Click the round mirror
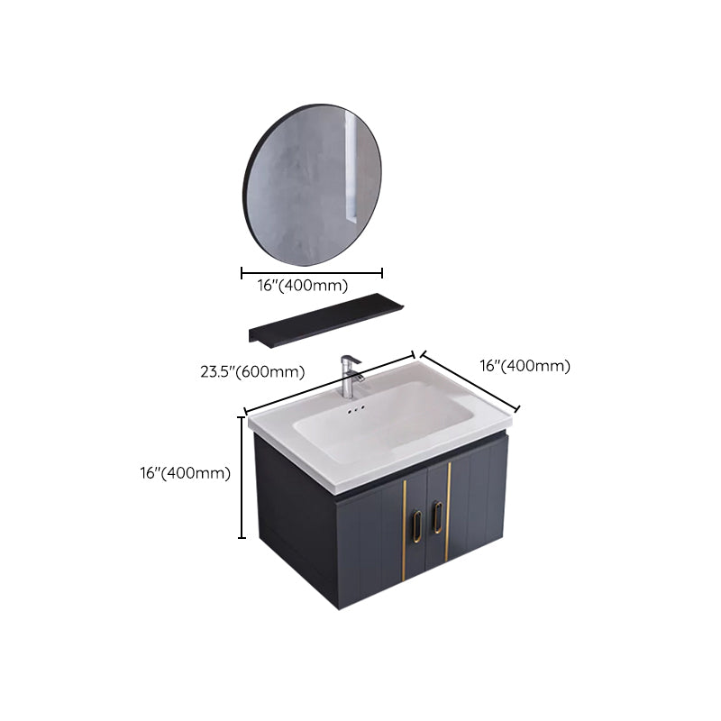(312, 181)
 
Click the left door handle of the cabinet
(418, 526)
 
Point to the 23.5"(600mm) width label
(251, 370)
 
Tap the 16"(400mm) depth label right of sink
(525, 366)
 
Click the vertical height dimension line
(242, 477)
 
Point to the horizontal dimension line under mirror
(312, 272)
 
